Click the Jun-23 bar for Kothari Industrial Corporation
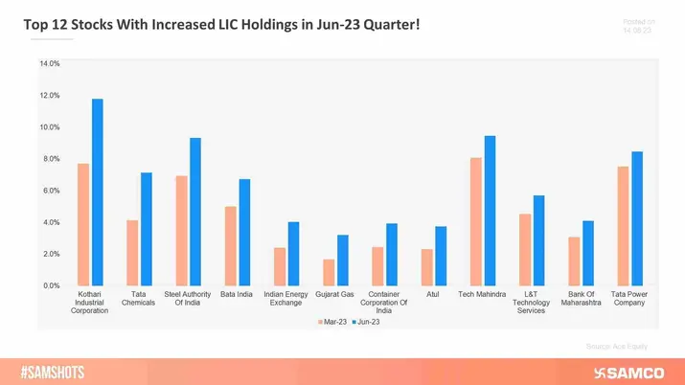point(97,192)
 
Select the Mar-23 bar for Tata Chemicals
point(132,253)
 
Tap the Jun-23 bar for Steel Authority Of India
point(195,212)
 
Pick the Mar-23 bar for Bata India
point(231,246)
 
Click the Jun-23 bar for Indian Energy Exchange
point(294,254)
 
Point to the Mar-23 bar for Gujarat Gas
point(329,272)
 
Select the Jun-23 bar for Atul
point(441,256)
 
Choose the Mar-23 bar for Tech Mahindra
point(476,221)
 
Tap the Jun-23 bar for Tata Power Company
point(637,218)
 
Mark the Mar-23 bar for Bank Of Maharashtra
point(574,260)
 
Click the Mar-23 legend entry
point(334,322)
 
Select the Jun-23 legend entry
point(368,322)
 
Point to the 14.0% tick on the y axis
point(50,63)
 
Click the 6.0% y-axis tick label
point(50,191)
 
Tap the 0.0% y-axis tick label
point(50,285)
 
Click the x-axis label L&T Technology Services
point(531,303)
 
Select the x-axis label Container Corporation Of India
point(384,303)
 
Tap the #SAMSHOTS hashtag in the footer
point(54,372)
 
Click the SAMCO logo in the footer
point(629,372)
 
